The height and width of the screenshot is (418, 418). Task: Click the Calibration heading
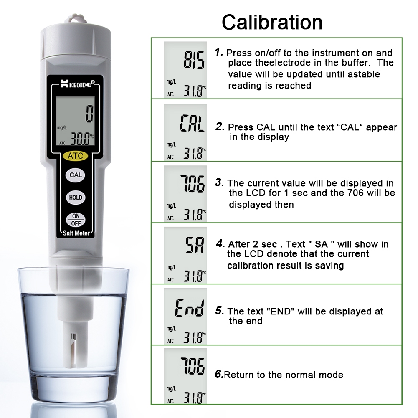coord(272,22)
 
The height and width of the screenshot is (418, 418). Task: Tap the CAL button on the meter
coord(76,175)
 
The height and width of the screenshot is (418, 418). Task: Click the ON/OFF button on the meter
coord(76,220)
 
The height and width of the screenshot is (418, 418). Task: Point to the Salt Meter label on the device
coord(76,233)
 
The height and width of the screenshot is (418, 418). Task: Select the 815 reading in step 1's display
coord(194,60)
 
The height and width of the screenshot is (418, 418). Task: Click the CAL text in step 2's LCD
coord(192,123)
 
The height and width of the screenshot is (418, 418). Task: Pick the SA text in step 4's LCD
coord(195,245)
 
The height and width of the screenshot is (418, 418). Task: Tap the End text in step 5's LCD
coord(190,308)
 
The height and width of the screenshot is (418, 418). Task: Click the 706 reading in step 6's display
coord(193,366)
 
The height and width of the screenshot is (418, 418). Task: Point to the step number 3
coord(219,182)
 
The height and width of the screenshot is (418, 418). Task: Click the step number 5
coord(219,311)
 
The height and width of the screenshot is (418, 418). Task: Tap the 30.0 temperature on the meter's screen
coord(80,139)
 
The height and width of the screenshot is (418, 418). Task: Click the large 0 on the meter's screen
coord(89,114)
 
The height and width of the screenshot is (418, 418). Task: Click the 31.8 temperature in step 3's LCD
coord(193,215)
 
